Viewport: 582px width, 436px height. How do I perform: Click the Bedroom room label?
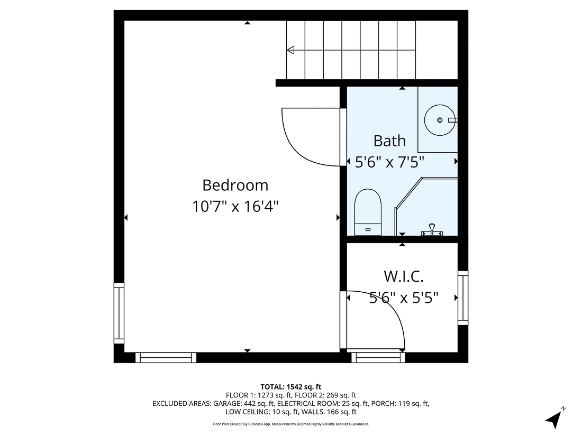(235, 185)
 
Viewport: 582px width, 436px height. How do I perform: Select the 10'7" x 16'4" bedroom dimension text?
(235, 206)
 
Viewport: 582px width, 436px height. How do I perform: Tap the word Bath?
(389, 141)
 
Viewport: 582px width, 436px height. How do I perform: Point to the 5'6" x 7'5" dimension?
(390, 162)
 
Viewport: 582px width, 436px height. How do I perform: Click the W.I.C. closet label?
(403, 276)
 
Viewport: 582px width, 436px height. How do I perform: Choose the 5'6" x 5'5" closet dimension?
(403, 298)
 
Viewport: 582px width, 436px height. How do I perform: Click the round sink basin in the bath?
(439, 120)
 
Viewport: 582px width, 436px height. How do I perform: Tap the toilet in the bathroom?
(368, 211)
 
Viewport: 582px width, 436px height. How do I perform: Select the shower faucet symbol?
(431, 230)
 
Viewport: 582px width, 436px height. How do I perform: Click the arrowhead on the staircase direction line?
(290, 50)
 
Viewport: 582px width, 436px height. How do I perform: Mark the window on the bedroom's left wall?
(119, 313)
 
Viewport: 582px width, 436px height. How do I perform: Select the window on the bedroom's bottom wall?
(166, 357)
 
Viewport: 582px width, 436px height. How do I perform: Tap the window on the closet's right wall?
(463, 298)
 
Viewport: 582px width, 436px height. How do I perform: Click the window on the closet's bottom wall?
(378, 357)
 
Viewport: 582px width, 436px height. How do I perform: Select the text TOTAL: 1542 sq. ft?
(290, 386)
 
